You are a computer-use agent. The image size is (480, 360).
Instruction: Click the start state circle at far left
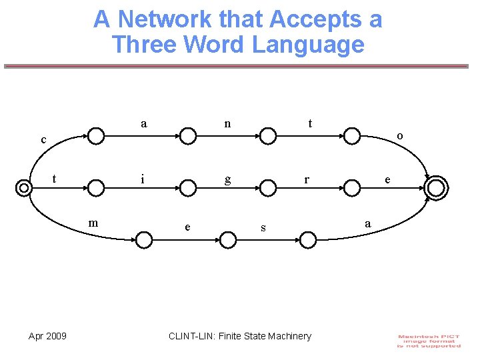[x=24, y=188]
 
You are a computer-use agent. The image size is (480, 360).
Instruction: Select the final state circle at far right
[x=435, y=188]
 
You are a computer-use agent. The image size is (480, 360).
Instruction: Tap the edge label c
[x=43, y=140]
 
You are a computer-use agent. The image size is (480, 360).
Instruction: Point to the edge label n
[x=227, y=123]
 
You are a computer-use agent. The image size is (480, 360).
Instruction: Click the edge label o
[x=399, y=136]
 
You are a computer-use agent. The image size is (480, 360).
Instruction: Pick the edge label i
[x=142, y=179]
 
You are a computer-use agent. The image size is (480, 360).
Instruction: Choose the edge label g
[x=227, y=179]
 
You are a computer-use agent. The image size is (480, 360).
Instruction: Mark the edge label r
[x=306, y=179]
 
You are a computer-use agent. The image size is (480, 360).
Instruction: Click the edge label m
[x=93, y=222]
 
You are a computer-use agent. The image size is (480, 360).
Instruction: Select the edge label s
[x=263, y=228]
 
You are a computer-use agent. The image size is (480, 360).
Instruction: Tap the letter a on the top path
[x=144, y=123]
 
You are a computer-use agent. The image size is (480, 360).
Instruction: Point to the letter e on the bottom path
[x=187, y=227]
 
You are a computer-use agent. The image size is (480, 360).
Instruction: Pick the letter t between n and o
[x=310, y=123]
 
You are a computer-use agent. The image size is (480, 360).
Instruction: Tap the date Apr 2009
[x=47, y=336]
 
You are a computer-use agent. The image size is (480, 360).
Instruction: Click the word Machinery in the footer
[x=289, y=336]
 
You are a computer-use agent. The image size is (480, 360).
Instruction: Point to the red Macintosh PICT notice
[x=429, y=340]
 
